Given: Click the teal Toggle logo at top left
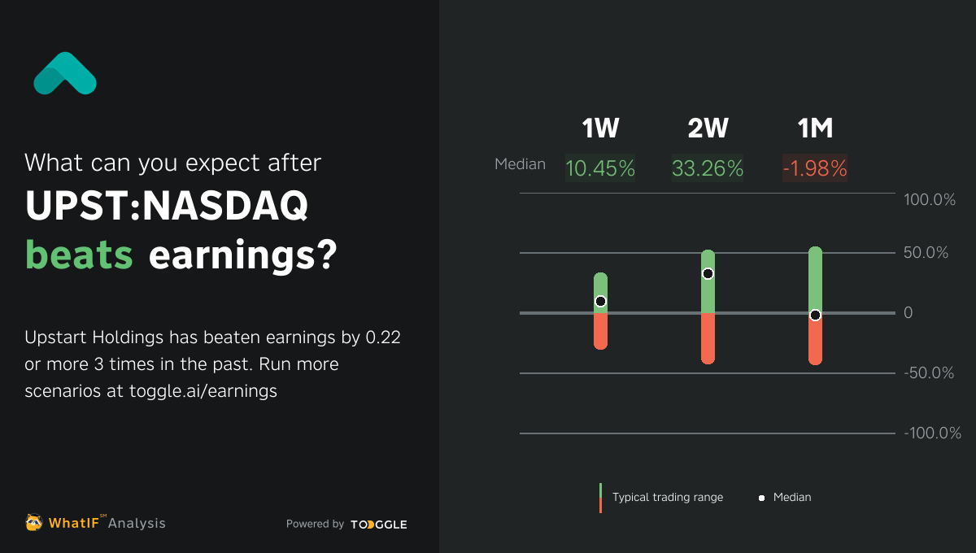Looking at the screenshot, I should (65, 74).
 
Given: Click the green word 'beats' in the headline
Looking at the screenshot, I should (79, 255).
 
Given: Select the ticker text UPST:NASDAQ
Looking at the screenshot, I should (167, 207).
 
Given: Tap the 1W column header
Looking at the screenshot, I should (600, 128).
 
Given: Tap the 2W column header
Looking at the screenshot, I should (708, 128).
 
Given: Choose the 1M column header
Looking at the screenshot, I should (815, 128).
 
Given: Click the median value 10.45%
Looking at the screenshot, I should (600, 168).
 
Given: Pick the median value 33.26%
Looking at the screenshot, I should (708, 168).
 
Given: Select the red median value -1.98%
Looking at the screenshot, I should (815, 168).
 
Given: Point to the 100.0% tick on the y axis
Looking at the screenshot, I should (930, 200).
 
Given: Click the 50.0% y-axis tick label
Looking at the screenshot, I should (926, 253).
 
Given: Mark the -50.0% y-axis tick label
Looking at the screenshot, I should (929, 373).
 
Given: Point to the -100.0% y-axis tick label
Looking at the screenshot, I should (932, 433).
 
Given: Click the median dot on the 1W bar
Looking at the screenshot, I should (600, 301).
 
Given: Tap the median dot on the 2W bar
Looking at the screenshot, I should (708, 274).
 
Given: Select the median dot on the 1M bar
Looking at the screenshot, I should (815, 316).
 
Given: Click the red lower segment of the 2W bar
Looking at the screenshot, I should (708, 339).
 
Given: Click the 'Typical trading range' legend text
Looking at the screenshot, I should (667, 497).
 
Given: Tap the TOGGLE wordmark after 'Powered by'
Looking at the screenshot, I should (379, 525).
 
